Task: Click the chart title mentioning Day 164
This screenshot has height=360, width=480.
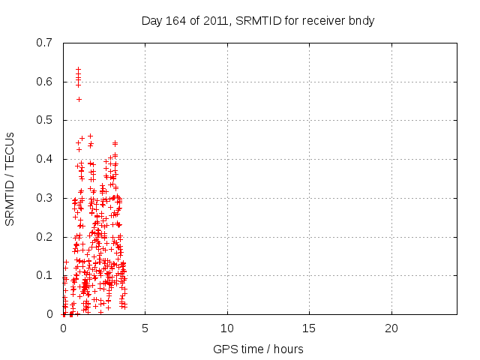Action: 258,21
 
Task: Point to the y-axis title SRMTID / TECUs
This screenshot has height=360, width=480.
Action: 10,178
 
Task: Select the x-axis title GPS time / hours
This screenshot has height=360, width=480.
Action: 258,349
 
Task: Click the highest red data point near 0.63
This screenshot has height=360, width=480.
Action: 78,69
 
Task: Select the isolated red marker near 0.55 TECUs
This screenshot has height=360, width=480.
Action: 79,99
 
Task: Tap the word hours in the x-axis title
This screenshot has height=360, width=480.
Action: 289,349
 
